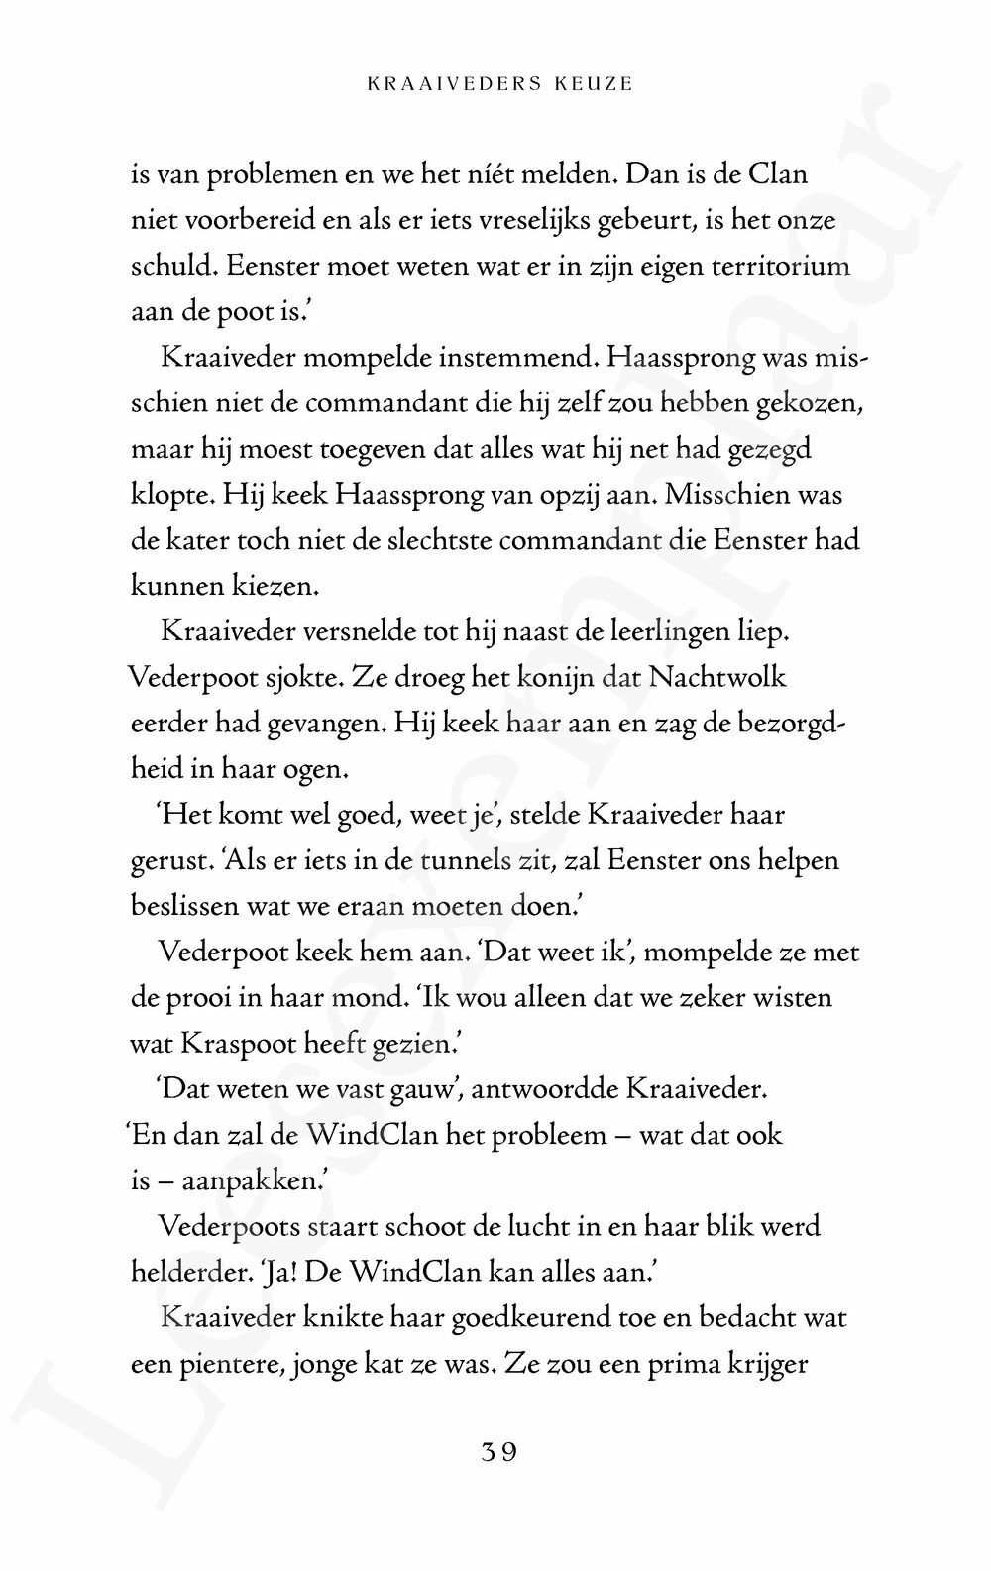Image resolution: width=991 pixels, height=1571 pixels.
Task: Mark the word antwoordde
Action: [x=547, y=1089]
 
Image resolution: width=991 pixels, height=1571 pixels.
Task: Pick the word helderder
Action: [x=194, y=1273]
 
